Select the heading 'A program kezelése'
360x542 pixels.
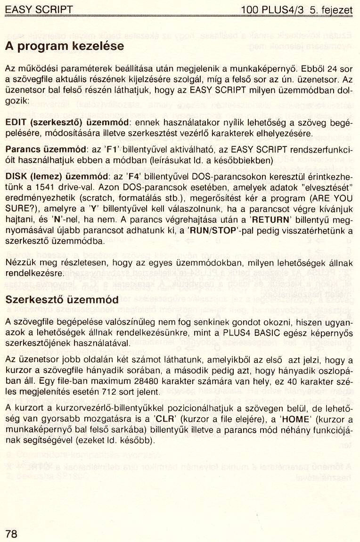pos(64,46)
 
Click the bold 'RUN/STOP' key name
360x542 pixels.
pos(210,231)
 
